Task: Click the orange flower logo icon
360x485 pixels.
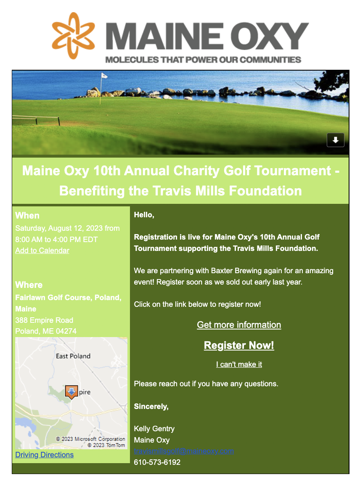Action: (x=73, y=35)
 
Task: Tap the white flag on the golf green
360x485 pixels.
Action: (x=103, y=76)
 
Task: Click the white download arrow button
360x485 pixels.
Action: (x=336, y=140)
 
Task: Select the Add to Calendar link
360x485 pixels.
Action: (x=42, y=250)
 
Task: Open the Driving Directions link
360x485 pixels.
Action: (x=44, y=455)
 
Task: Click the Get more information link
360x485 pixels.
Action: (x=239, y=325)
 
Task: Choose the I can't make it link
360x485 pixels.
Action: (x=239, y=364)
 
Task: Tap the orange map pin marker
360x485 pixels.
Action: (x=71, y=392)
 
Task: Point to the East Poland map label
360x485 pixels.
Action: (x=73, y=356)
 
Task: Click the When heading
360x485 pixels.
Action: (x=27, y=216)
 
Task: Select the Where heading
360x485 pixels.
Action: (x=29, y=285)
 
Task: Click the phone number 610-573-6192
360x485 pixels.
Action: (x=157, y=462)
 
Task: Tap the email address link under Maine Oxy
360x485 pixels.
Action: (x=184, y=451)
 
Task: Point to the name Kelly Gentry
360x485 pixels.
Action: (x=154, y=429)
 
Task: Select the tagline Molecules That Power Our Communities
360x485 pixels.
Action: (x=203, y=60)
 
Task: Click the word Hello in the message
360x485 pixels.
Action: (x=144, y=215)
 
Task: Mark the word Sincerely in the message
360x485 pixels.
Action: (x=151, y=406)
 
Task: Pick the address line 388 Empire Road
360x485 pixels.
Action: (x=44, y=320)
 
